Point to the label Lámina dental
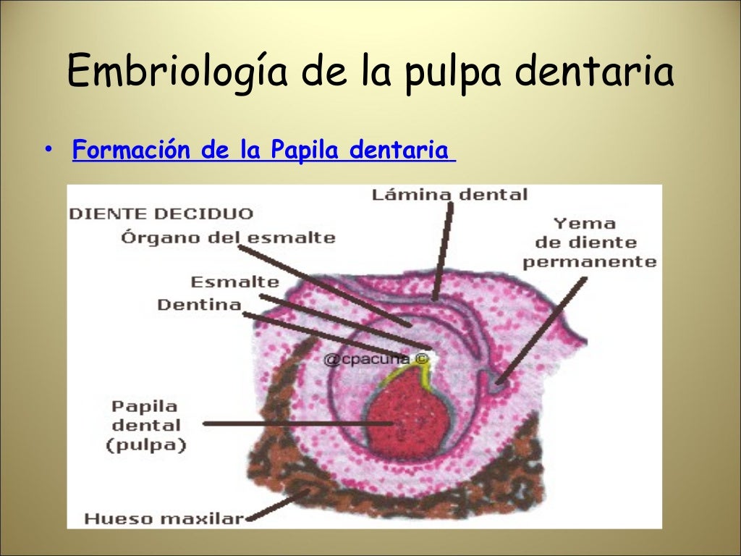pos(449,194)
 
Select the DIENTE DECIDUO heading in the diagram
pos(161,214)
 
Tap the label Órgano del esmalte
pos(228,237)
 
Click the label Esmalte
pos(234,282)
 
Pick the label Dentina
pos(199,304)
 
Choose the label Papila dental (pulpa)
pos(145,425)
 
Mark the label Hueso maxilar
pos(164,518)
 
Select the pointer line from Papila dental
pos(297,423)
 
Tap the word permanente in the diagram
pos(589,261)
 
